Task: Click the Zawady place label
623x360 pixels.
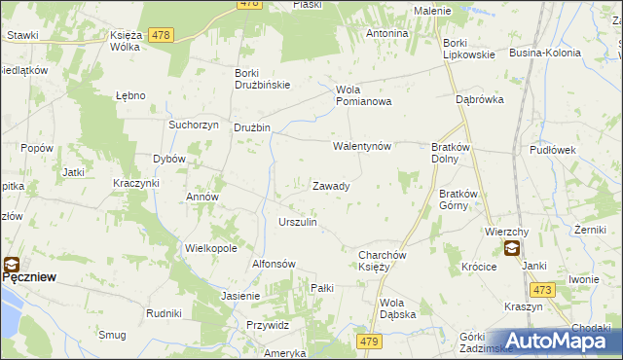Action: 331,186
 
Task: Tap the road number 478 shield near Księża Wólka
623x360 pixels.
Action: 161,35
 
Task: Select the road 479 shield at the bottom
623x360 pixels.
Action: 368,341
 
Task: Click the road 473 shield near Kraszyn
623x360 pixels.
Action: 542,289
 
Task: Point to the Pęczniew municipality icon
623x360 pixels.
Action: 11,262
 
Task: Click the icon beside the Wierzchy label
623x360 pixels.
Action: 512,248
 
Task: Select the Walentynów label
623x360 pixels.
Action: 361,147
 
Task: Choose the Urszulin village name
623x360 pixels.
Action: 298,223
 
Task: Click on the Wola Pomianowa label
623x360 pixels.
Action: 363,95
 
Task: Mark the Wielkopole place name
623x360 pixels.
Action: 211,248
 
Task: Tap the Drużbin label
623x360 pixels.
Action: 251,128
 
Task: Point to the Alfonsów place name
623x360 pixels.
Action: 274,264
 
